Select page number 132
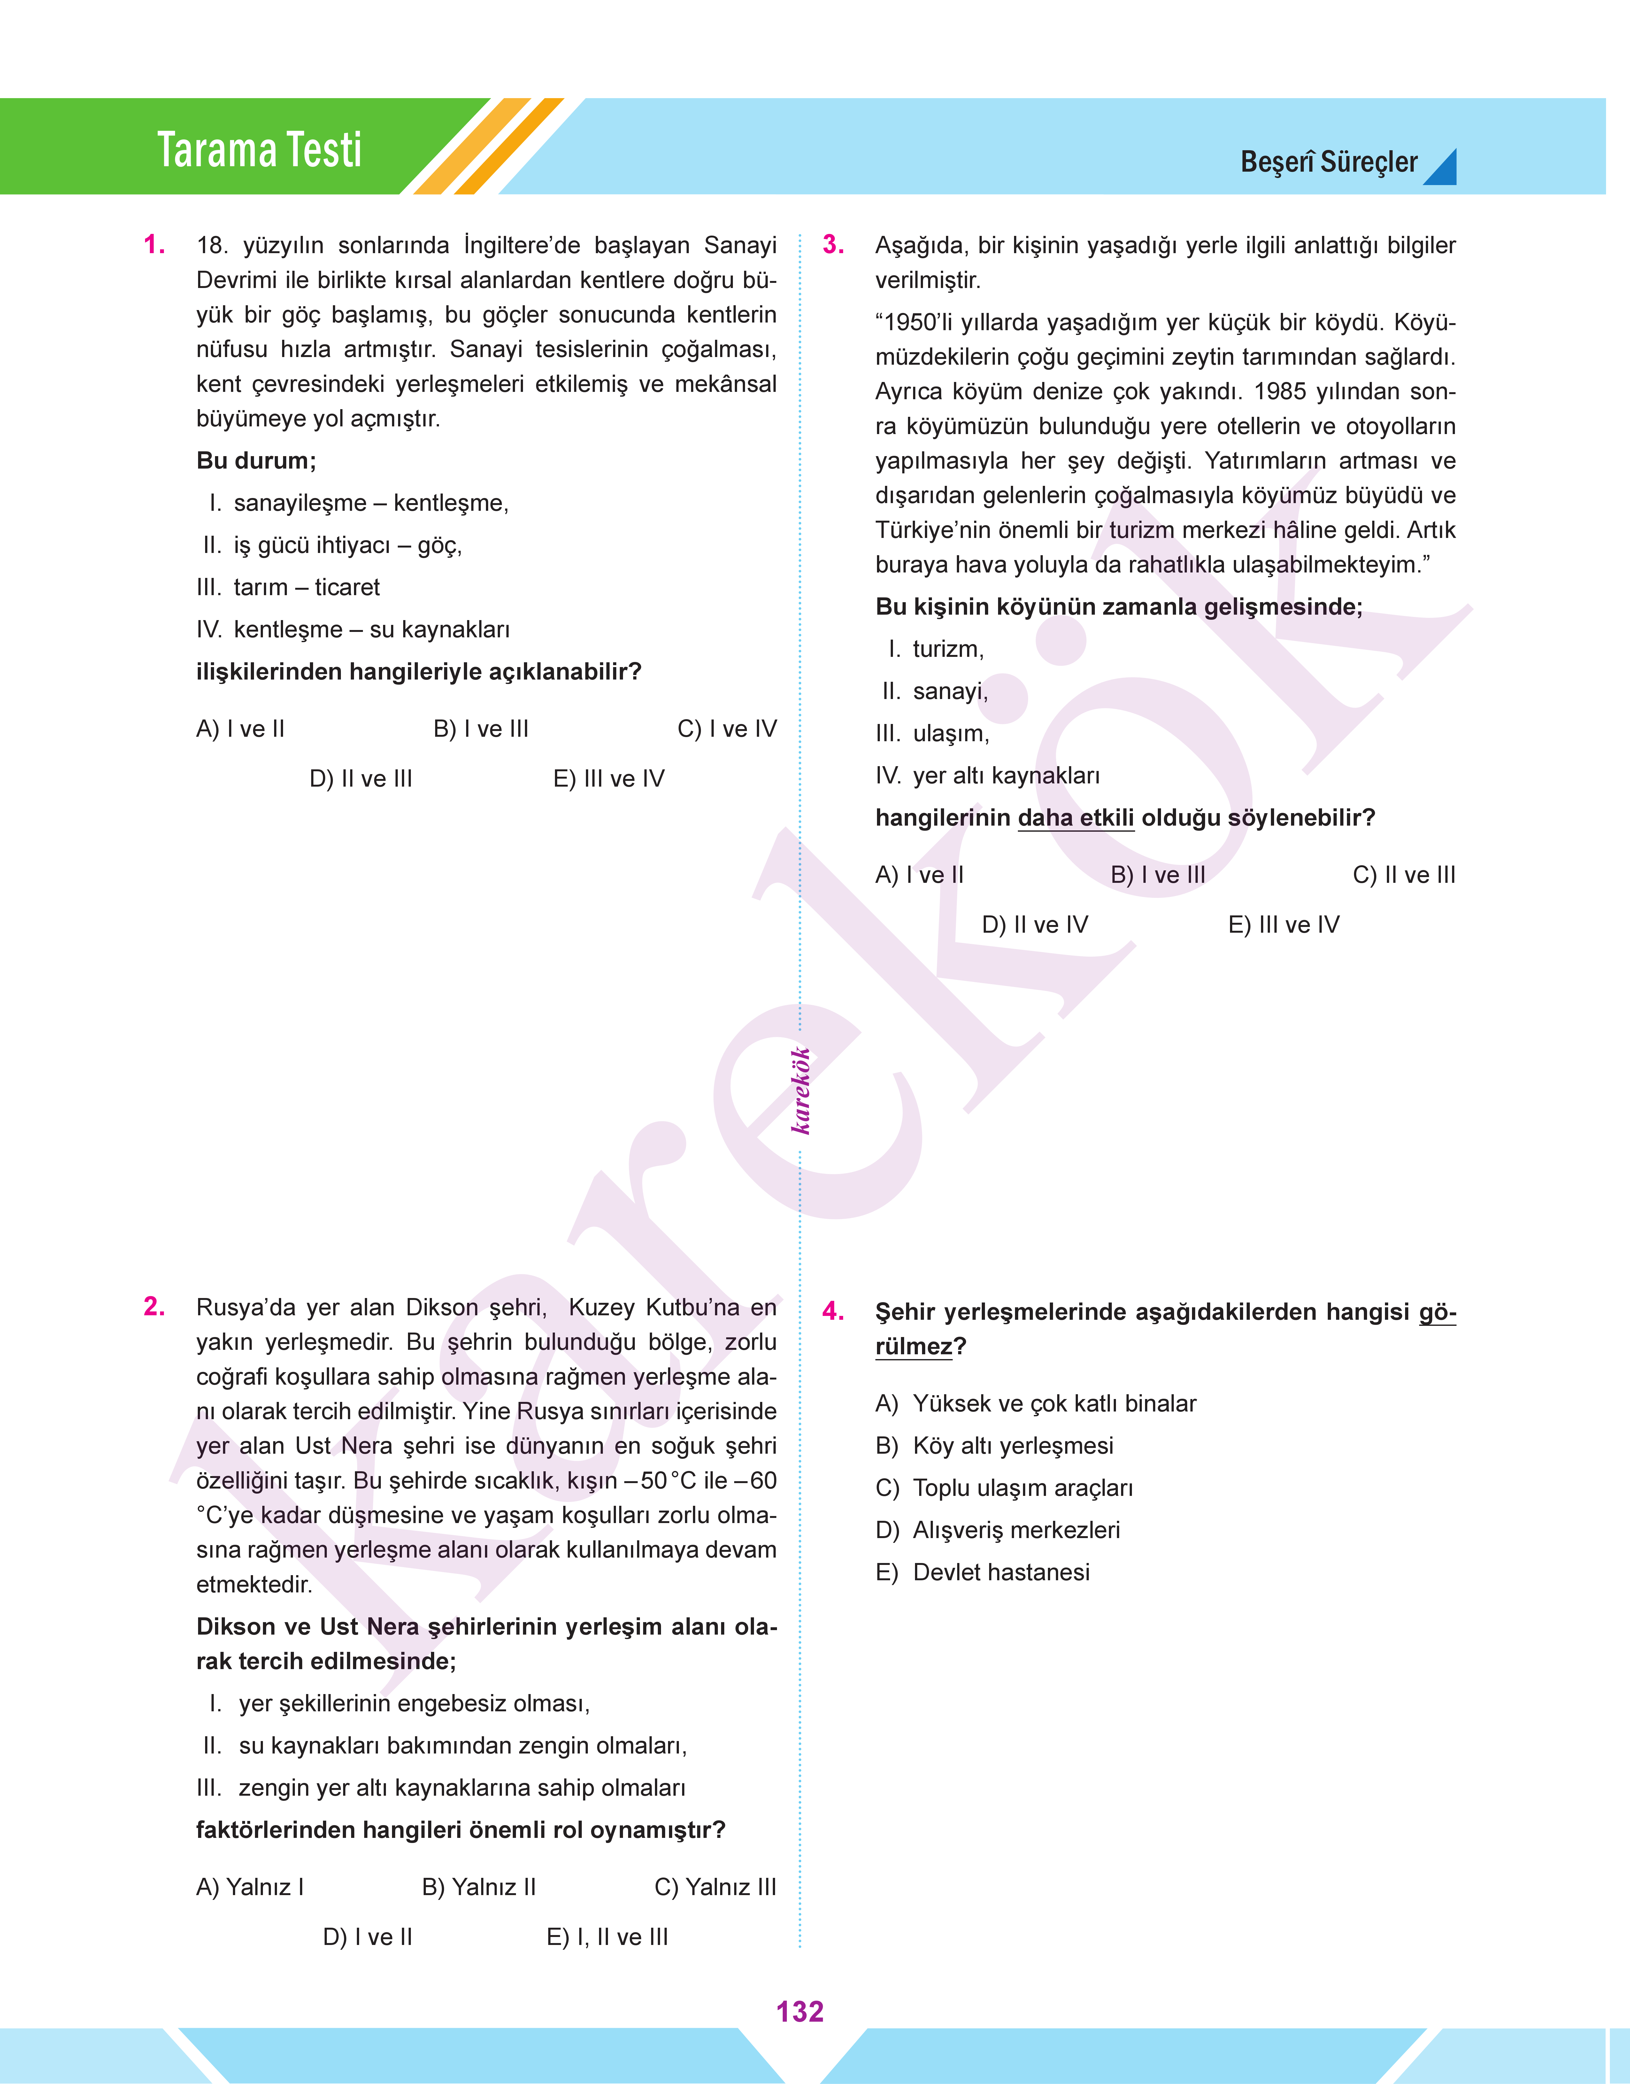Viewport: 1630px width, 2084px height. [x=800, y=2011]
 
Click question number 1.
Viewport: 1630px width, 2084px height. [x=154, y=245]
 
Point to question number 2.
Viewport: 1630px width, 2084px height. [x=154, y=1307]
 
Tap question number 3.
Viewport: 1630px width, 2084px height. [x=833, y=245]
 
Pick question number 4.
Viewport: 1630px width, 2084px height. [x=833, y=1312]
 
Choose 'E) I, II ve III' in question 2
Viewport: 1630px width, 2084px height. [x=607, y=1937]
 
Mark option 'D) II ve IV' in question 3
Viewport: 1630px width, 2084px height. [x=1034, y=925]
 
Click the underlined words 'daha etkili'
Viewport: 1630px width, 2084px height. [x=1075, y=818]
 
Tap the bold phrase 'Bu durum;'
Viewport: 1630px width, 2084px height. [x=256, y=461]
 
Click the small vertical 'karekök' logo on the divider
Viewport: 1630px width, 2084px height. [x=801, y=1090]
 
